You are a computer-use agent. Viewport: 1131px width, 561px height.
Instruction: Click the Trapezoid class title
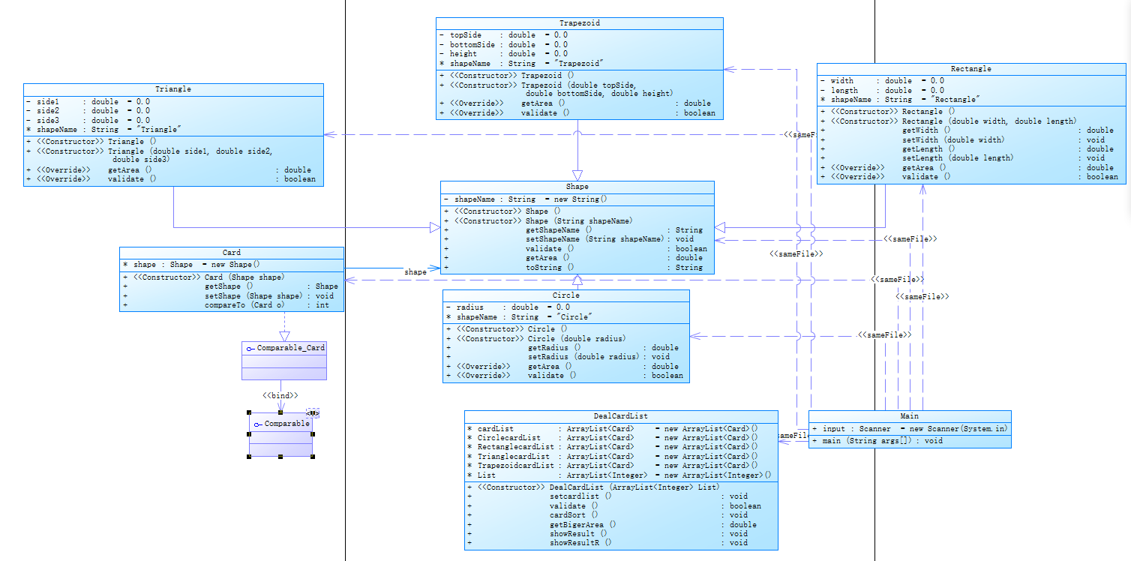tap(579, 23)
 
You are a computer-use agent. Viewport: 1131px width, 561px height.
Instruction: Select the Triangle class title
tap(173, 89)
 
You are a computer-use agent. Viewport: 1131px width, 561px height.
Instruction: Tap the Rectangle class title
tap(970, 69)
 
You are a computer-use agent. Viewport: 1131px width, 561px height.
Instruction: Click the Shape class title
tap(577, 187)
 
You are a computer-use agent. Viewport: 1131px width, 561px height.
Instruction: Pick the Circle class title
tap(565, 295)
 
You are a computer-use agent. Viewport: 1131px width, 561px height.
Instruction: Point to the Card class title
tap(232, 253)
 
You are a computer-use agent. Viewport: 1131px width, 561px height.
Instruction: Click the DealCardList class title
tap(620, 416)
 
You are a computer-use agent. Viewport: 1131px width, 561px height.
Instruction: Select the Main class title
tap(909, 416)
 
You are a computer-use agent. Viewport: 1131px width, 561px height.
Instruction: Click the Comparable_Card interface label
tap(290, 349)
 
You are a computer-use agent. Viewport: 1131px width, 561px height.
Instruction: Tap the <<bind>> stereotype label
tap(280, 395)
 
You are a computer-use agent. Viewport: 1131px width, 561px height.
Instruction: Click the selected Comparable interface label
tap(286, 424)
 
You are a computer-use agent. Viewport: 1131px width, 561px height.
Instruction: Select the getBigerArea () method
tap(583, 524)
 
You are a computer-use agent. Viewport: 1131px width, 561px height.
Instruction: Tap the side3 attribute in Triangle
tap(48, 121)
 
